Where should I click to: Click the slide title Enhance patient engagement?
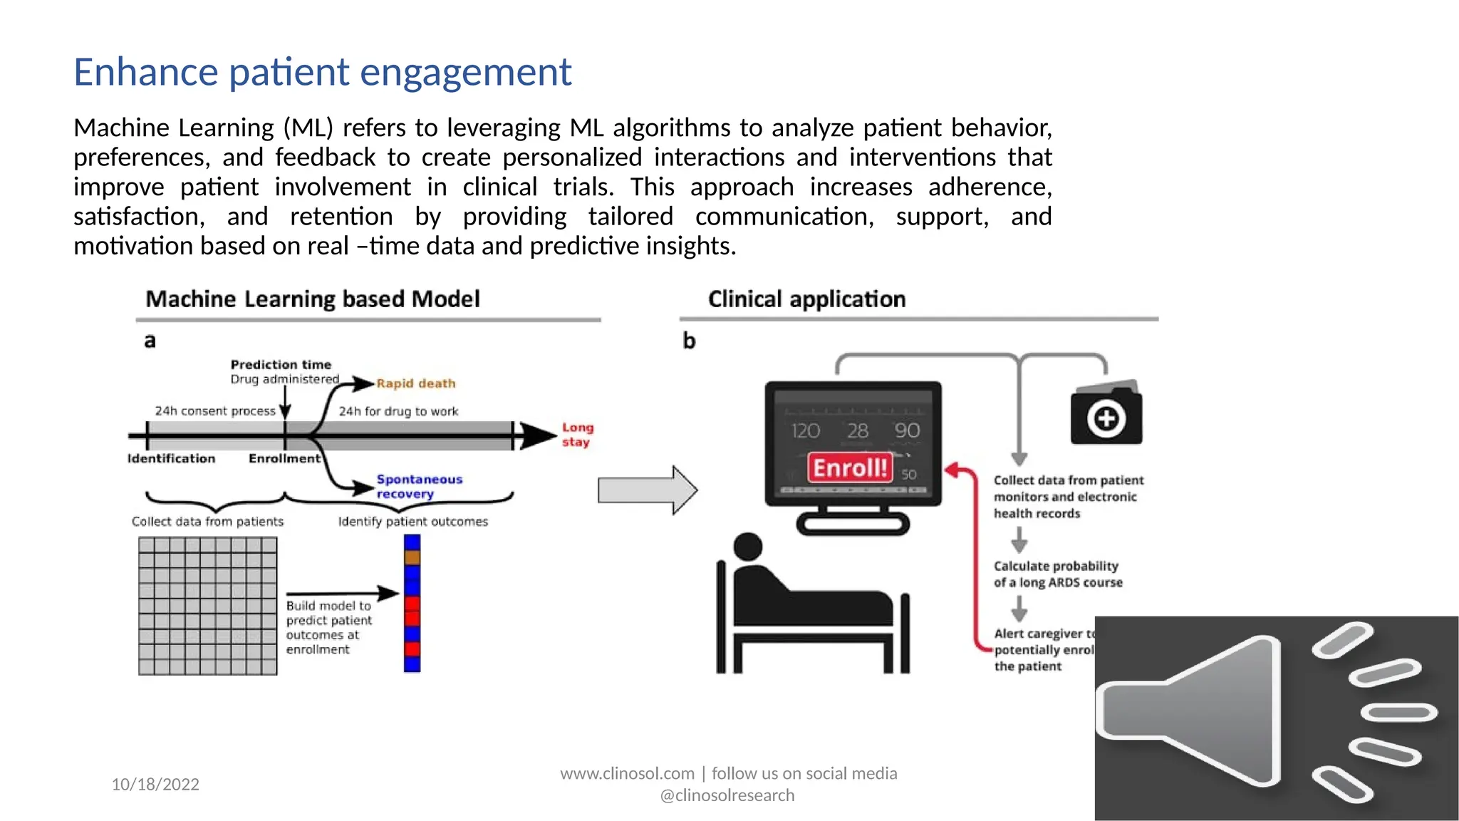point(322,72)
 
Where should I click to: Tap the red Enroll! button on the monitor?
point(849,468)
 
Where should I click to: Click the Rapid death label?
point(415,383)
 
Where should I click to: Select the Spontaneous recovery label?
point(419,486)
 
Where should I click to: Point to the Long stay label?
point(577,434)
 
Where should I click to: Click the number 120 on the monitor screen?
point(805,430)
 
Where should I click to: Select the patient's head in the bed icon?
point(747,547)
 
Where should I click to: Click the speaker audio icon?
point(1275,718)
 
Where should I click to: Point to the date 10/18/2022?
point(155,784)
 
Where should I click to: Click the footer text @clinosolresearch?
point(727,795)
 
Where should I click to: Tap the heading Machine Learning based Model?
point(313,299)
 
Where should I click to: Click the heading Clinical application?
point(806,299)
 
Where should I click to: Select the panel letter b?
point(689,341)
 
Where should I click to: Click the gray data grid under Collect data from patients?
point(207,606)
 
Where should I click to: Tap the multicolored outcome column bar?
point(412,604)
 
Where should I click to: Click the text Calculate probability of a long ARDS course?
point(1057,574)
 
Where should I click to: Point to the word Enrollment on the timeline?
point(284,458)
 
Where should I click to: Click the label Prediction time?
point(281,364)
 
